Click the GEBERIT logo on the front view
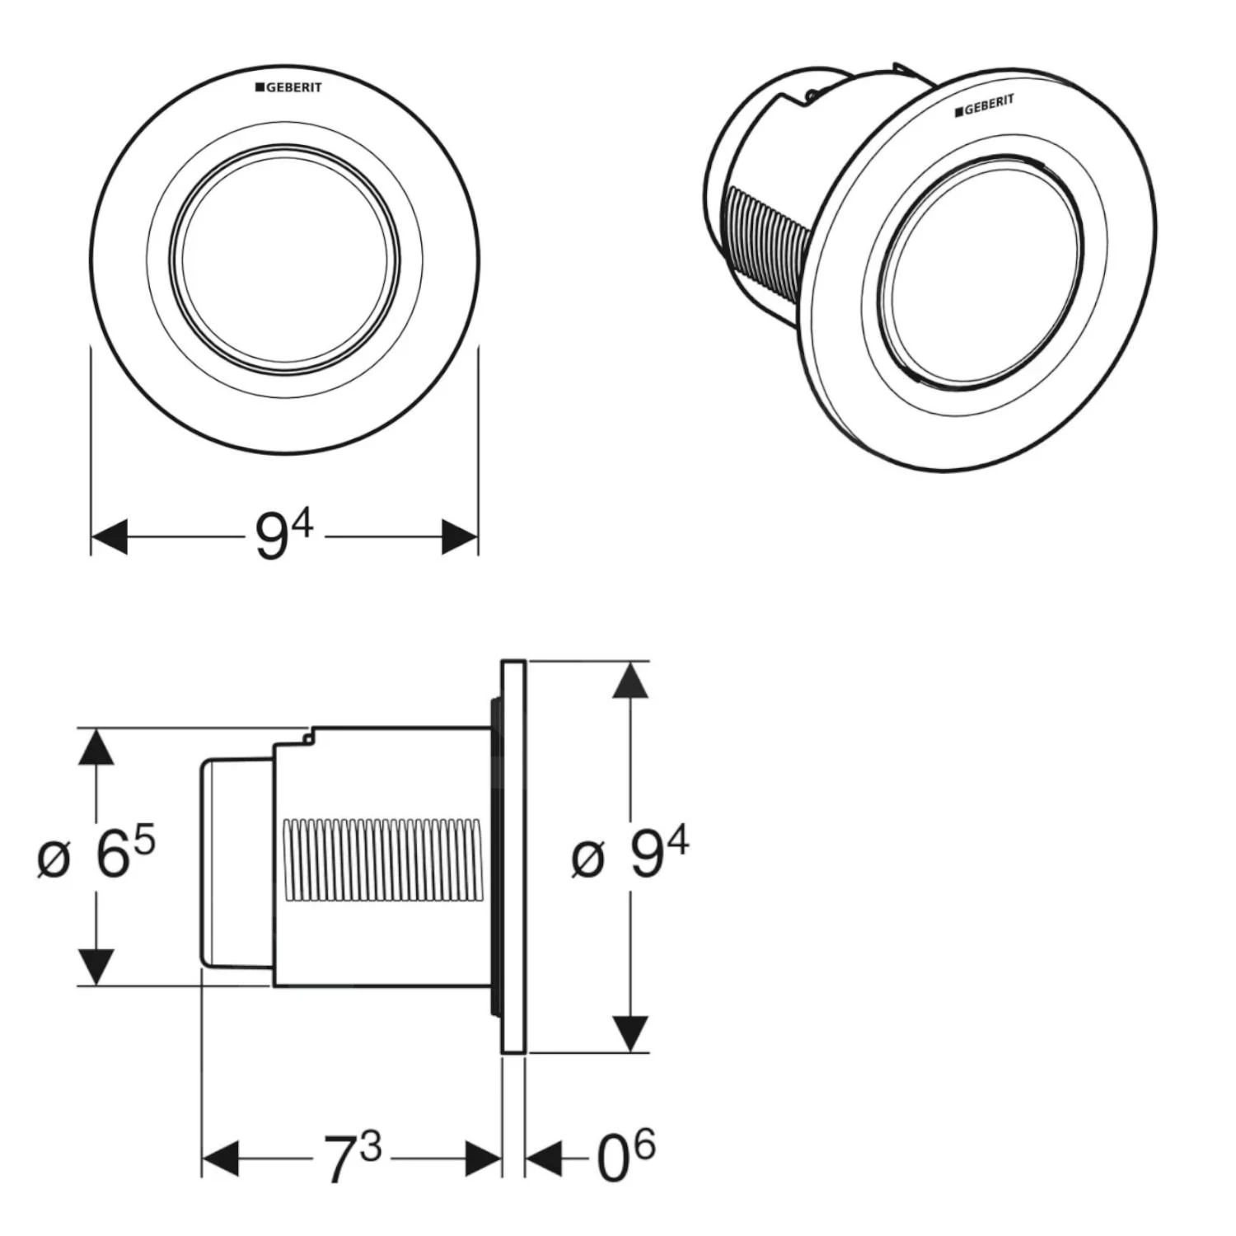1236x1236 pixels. pos(288,87)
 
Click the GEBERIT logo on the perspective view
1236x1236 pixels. pos(985,105)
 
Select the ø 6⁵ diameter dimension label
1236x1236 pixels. pos(97,855)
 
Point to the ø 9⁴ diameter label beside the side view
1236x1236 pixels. pos(630,855)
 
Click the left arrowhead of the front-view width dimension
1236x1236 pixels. pos(110,537)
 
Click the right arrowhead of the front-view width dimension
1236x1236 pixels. pos(460,537)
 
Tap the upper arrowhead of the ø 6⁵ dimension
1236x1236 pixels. pos(97,748)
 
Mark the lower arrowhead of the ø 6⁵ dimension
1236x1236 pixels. pos(97,966)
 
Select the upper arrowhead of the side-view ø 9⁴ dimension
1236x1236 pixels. pos(630,681)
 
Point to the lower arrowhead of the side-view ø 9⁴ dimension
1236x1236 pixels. pos(630,1033)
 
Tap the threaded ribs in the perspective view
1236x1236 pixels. pos(762,247)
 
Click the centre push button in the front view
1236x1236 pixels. pos(285,260)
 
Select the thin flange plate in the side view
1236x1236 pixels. pos(513,856)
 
